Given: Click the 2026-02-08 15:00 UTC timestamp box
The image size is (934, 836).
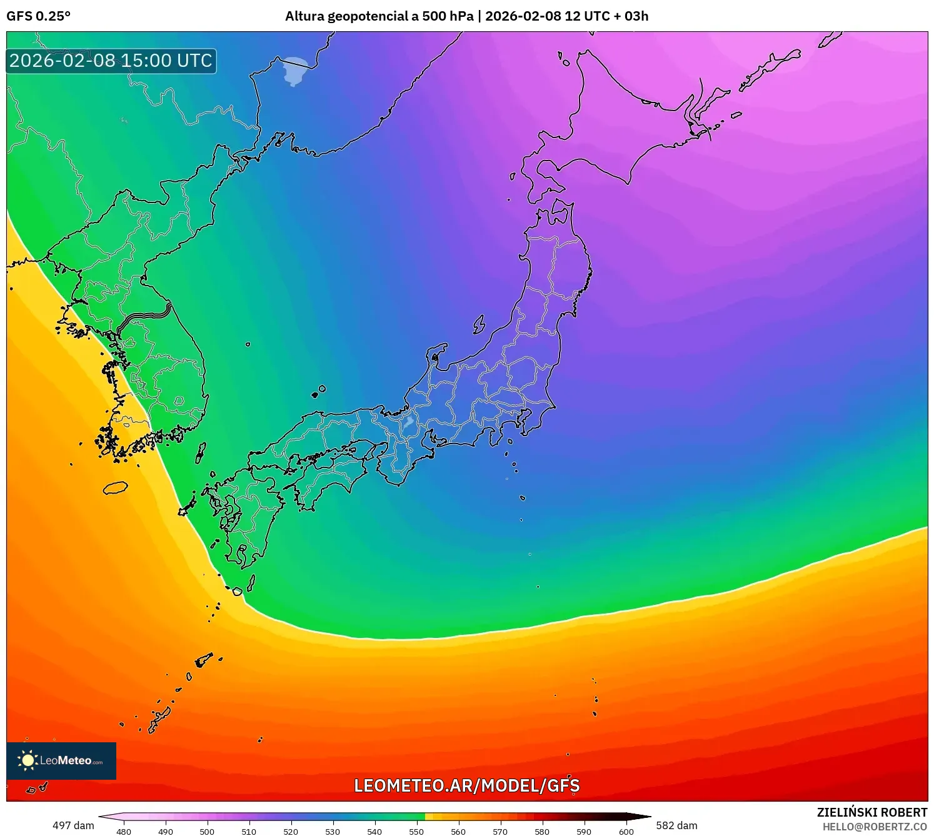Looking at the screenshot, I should click(111, 61).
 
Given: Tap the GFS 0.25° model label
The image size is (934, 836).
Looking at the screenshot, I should click(39, 16).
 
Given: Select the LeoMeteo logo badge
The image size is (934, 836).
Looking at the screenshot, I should click(61, 760).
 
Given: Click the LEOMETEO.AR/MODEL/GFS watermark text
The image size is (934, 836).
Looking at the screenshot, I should click(466, 785).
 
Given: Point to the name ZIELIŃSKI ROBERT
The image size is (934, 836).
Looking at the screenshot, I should click(871, 812).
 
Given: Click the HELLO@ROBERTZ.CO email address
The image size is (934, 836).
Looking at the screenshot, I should click(874, 827).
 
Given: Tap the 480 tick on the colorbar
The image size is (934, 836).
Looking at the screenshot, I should click(124, 832).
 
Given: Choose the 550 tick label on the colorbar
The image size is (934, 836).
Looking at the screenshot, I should click(416, 832).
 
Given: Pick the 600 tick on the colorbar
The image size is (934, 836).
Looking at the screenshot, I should click(626, 832).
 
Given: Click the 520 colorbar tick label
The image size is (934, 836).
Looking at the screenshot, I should click(291, 832).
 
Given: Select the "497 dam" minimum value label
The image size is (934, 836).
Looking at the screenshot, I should click(73, 825).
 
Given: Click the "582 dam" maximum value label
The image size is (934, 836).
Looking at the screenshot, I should click(676, 825).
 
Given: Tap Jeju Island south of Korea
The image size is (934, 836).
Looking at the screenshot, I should click(115, 487).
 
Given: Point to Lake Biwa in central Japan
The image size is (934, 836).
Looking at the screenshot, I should click(408, 422).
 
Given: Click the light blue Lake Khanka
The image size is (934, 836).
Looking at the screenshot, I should click(296, 71).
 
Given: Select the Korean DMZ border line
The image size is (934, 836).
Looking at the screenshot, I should click(144, 316).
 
